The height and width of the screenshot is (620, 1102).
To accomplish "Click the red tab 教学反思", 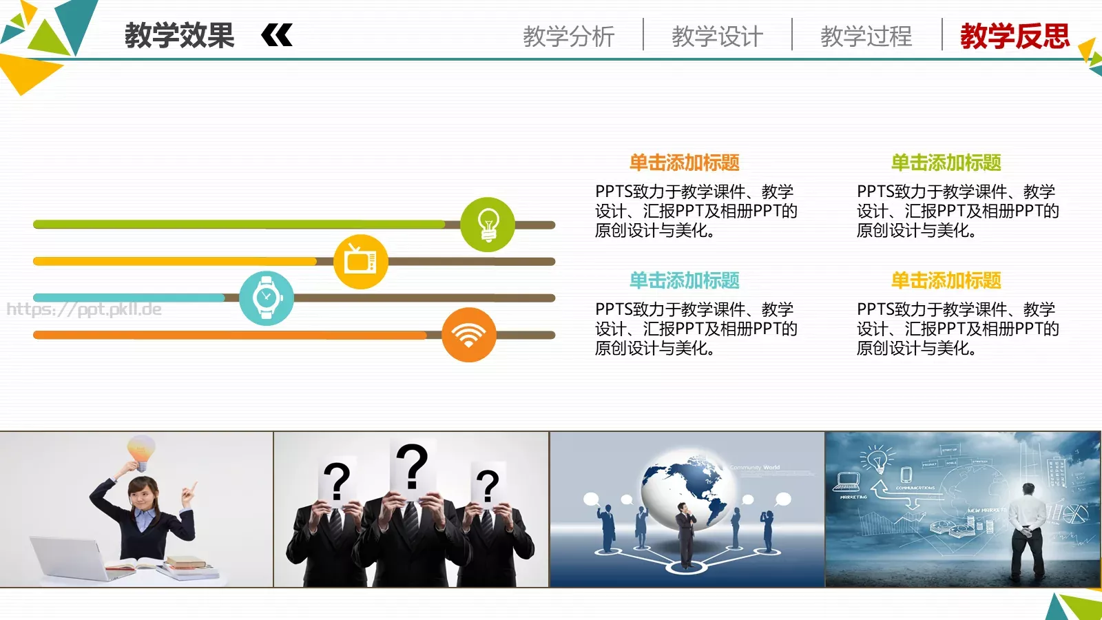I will tap(1015, 36).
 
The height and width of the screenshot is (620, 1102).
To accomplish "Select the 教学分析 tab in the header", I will tap(568, 36).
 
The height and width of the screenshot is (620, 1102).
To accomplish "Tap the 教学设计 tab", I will tap(717, 36).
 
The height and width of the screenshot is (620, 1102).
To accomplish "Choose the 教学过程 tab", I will tap(866, 36).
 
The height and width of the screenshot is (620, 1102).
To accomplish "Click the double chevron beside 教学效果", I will tap(277, 35).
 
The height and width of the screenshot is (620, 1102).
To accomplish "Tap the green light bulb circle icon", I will tap(488, 225).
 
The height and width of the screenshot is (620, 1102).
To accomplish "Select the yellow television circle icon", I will tap(360, 262).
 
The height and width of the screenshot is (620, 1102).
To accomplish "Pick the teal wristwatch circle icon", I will tap(267, 298).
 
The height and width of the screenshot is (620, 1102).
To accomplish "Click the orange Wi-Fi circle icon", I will tap(468, 335).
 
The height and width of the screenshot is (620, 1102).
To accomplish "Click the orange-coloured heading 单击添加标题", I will tap(684, 163).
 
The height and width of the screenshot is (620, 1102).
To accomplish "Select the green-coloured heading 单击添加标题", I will tap(946, 163).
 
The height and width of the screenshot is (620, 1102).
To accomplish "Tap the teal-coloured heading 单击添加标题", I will tap(684, 280).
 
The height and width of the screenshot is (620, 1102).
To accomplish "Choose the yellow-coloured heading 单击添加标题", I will tap(946, 280).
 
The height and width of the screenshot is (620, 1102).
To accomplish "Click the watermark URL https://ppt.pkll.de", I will tap(84, 309).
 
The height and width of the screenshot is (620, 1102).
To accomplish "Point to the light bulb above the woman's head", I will tap(141, 451).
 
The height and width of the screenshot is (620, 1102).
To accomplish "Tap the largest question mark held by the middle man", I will tap(412, 466).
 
